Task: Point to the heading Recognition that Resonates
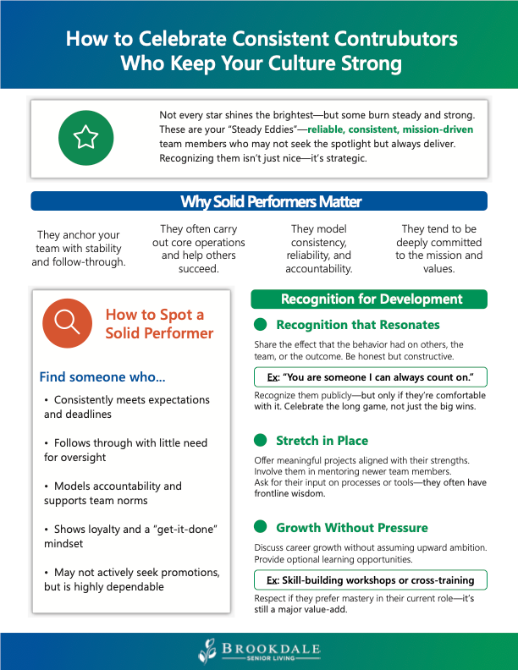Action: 357,324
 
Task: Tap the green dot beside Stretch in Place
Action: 261,440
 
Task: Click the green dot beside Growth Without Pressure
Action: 261,527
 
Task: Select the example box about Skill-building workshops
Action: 371,579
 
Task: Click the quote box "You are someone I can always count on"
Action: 371,376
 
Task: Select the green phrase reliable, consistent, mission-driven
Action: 390,129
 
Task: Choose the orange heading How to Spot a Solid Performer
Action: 159,323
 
